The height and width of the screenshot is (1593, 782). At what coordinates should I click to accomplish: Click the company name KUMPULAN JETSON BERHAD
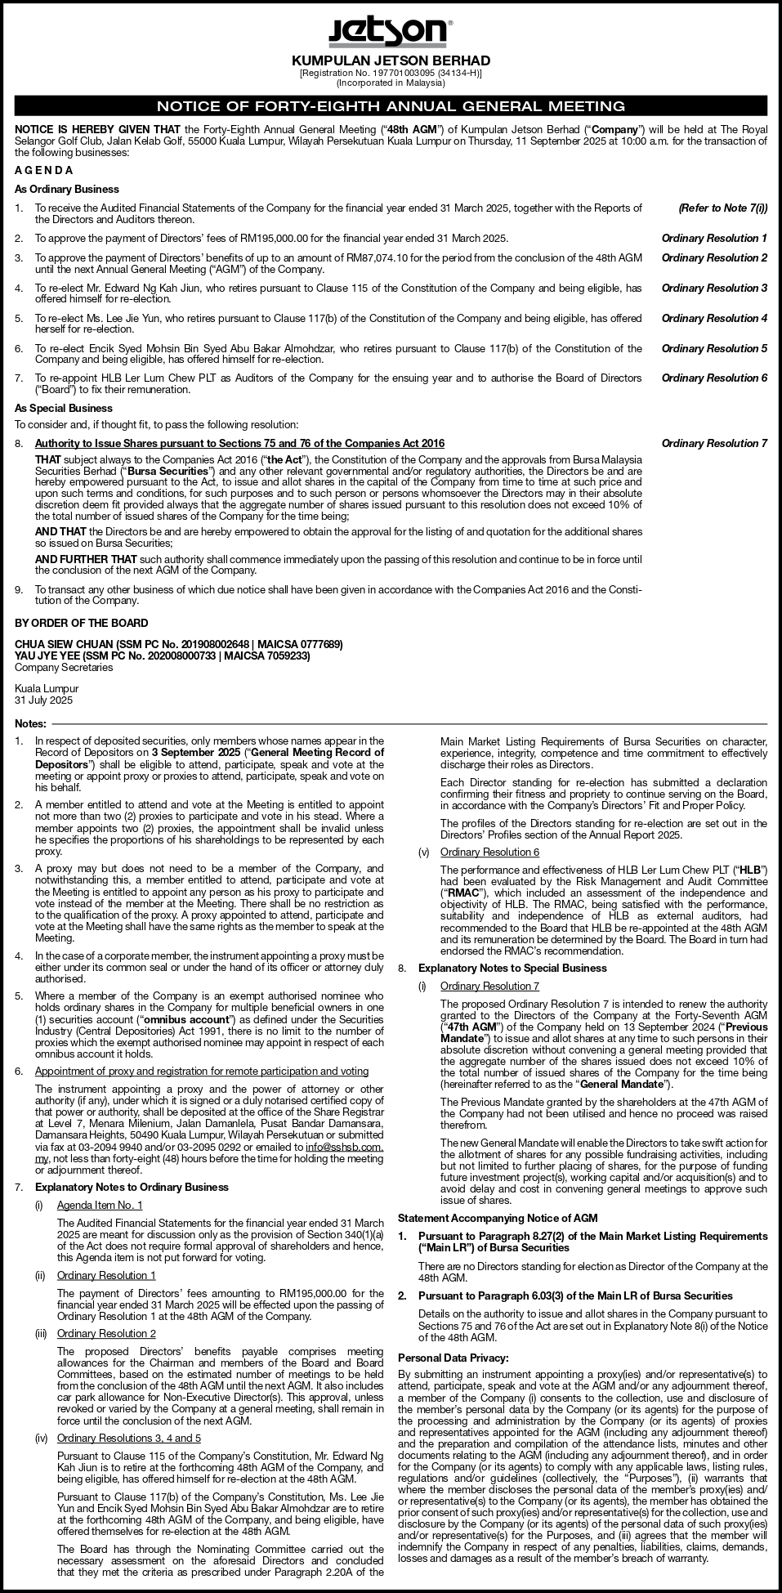(x=391, y=60)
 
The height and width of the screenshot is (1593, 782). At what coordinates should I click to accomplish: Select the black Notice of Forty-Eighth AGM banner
(x=391, y=105)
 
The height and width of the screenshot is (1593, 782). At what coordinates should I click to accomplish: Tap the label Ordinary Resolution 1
(x=714, y=238)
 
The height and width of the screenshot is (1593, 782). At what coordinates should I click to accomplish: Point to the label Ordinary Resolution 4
(x=714, y=318)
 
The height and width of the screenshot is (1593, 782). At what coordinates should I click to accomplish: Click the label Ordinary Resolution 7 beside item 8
(x=714, y=443)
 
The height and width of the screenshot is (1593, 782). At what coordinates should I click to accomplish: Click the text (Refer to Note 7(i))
(x=722, y=208)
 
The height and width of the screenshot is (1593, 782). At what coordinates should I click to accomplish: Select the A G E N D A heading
(x=44, y=170)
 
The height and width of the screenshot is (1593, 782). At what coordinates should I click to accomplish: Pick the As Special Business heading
(x=64, y=408)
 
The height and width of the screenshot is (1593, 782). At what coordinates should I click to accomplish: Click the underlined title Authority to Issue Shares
(x=239, y=443)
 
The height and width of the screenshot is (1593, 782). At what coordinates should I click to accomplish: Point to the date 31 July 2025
(x=44, y=700)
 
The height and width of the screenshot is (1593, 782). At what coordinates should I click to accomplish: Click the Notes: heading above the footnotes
(x=31, y=724)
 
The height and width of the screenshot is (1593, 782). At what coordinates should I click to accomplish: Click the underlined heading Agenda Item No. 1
(x=100, y=1205)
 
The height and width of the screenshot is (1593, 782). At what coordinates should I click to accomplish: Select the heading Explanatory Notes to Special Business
(x=512, y=968)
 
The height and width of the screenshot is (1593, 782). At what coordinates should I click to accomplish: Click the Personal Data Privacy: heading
(x=453, y=1358)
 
